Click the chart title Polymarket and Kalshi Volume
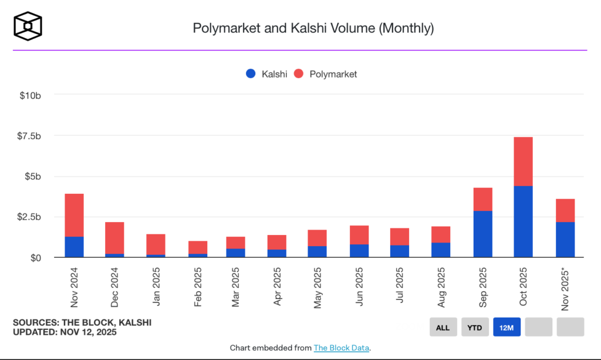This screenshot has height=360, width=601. click(x=313, y=28)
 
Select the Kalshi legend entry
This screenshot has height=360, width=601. click(x=267, y=74)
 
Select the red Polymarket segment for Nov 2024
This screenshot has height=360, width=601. click(x=74, y=215)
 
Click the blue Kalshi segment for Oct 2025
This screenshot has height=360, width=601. click(x=523, y=222)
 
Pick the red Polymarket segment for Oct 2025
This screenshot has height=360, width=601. click(x=523, y=162)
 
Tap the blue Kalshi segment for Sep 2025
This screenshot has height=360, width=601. click(x=482, y=234)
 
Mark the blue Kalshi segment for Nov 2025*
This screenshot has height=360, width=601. click(x=565, y=240)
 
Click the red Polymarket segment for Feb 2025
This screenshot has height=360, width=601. click(x=197, y=247)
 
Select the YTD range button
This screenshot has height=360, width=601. click(x=474, y=327)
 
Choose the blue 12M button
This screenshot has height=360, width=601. click(x=507, y=327)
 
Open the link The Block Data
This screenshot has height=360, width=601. click(x=342, y=348)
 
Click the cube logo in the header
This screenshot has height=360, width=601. click(x=28, y=27)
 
